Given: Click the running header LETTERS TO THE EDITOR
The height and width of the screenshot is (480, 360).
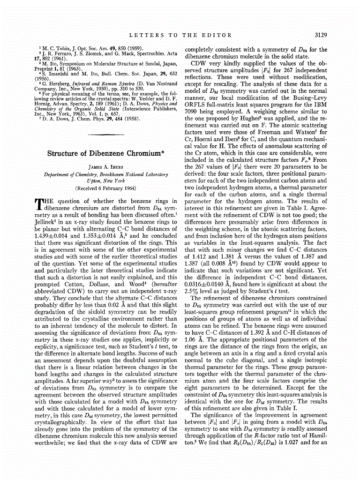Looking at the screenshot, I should click(x=180, y=35).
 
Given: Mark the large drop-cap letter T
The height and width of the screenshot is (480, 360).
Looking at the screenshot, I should click(x=38, y=204).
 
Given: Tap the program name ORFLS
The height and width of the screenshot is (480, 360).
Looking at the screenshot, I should click(x=197, y=105).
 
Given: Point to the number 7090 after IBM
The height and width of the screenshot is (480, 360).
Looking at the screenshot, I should click(x=194, y=112).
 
